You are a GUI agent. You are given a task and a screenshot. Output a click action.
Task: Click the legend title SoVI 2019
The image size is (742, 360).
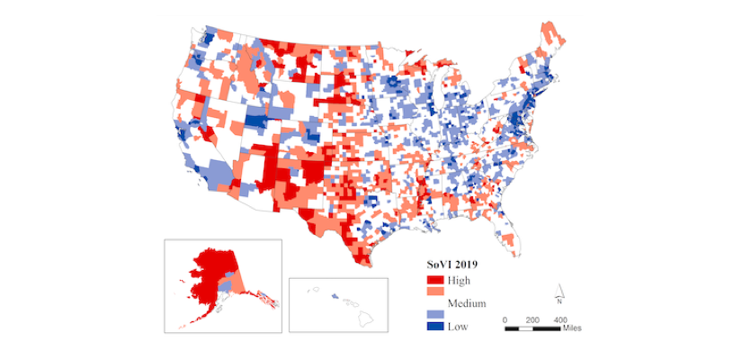pyautogui.click(x=451, y=265)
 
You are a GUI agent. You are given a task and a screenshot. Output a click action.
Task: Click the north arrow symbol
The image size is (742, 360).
pyautogui.click(x=559, y=290)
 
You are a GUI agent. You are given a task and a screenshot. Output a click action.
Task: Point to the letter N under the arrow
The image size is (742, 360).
pyautogui.click(x=559, y=302)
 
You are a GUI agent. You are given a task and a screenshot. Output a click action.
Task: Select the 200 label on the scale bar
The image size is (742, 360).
pyautogui.click(x=532, y=319)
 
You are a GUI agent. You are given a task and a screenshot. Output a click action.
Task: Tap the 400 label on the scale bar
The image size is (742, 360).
pyautogui.click(x=560, y=319)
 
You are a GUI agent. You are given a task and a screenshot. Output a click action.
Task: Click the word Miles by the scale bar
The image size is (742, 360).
pyautogui.click(x=572, y=328)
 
